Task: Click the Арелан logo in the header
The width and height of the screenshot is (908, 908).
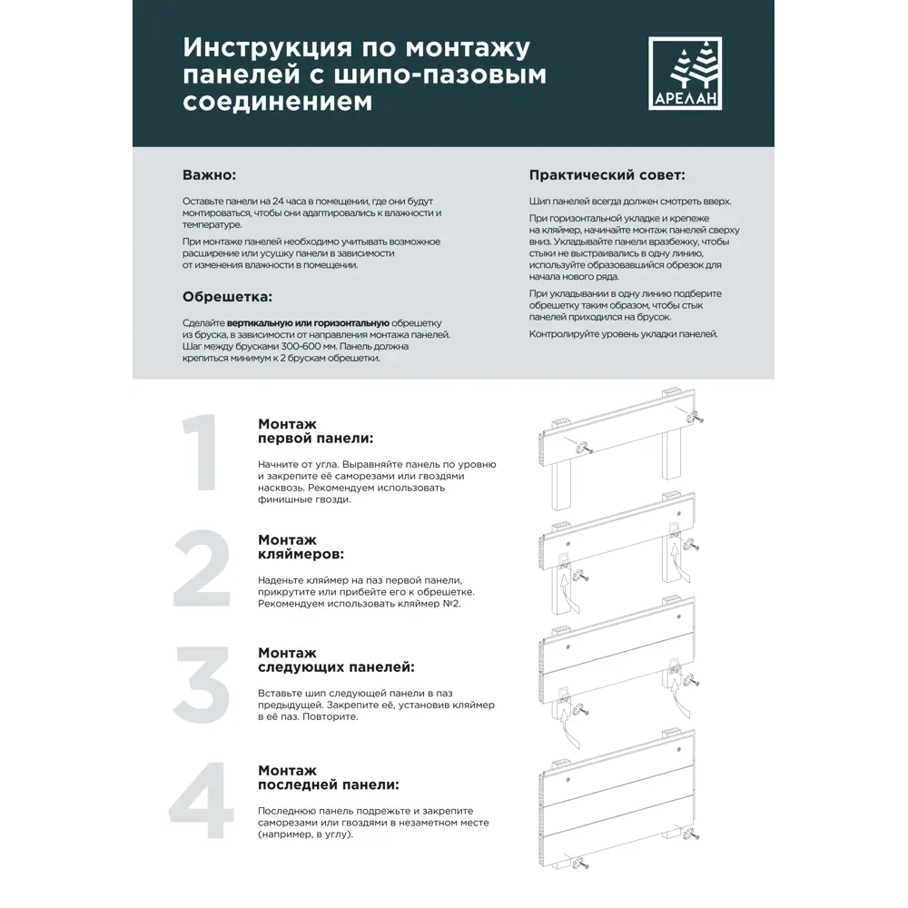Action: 685,74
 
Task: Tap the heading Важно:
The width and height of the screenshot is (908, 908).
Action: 209,174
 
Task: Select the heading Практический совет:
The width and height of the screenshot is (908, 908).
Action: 607,174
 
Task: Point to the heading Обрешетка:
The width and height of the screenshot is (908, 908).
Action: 227,297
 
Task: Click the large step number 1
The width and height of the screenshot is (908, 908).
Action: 201,454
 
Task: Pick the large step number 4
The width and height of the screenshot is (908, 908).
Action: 202,804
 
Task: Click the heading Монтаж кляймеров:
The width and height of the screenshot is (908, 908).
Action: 292,546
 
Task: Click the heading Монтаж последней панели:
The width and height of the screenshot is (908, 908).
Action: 328,777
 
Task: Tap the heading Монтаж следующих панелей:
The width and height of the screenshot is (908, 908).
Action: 336,659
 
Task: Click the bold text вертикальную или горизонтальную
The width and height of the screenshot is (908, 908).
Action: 308,323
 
